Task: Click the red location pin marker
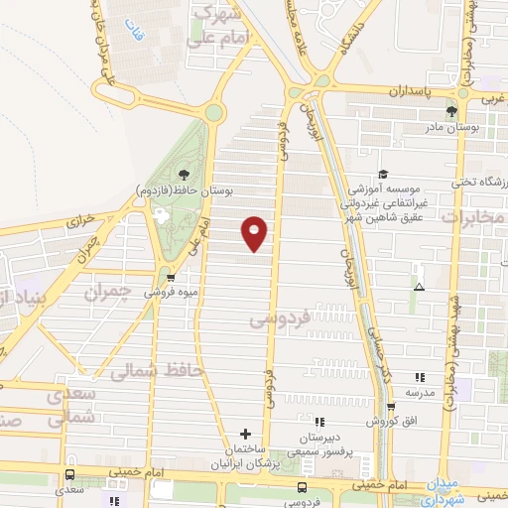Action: [x=255, y=233]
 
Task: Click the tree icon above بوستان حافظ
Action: [x=183, y=175]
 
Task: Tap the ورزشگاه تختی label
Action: [x=479, y=183]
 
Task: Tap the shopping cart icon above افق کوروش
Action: [x=391, y=407]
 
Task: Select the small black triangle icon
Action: [x=420, y=288]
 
